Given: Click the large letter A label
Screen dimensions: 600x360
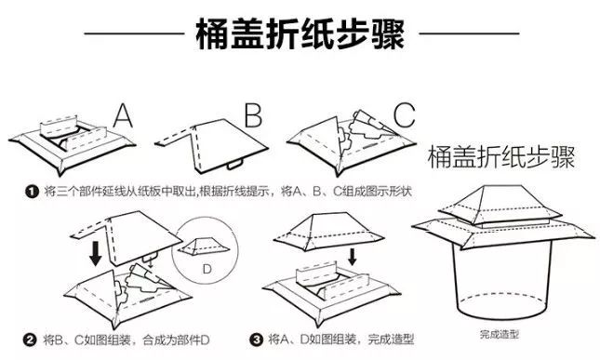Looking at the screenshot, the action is (123, 115).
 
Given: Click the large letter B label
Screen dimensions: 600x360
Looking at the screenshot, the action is (253, 114).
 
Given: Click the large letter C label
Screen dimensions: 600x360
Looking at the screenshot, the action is (404, 114).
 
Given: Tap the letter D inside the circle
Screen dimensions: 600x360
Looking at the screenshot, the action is (207, 270).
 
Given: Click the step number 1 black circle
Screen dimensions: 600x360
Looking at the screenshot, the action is (32, 192).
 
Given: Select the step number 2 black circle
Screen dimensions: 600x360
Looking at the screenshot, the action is (30, 340).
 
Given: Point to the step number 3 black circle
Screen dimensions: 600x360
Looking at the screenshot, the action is (257, 340).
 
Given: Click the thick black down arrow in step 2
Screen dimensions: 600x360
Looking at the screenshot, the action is (95, 253).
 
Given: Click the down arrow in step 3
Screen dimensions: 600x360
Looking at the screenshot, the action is (352, 257).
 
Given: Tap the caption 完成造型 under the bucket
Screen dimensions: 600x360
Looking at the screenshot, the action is (500, 334).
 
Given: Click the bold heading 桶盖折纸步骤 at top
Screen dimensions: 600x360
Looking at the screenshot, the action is (300, 34).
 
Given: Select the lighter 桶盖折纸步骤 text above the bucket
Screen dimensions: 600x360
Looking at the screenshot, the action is (501, 156).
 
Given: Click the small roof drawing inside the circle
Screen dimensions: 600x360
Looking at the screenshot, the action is (205, 246).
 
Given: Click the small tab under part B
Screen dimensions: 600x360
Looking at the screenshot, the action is (234, 165).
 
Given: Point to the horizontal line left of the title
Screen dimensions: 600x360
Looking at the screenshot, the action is (134, 33).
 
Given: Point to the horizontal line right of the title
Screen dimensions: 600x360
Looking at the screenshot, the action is (469, 33).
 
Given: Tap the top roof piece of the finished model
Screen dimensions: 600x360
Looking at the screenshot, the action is (500, 205).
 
